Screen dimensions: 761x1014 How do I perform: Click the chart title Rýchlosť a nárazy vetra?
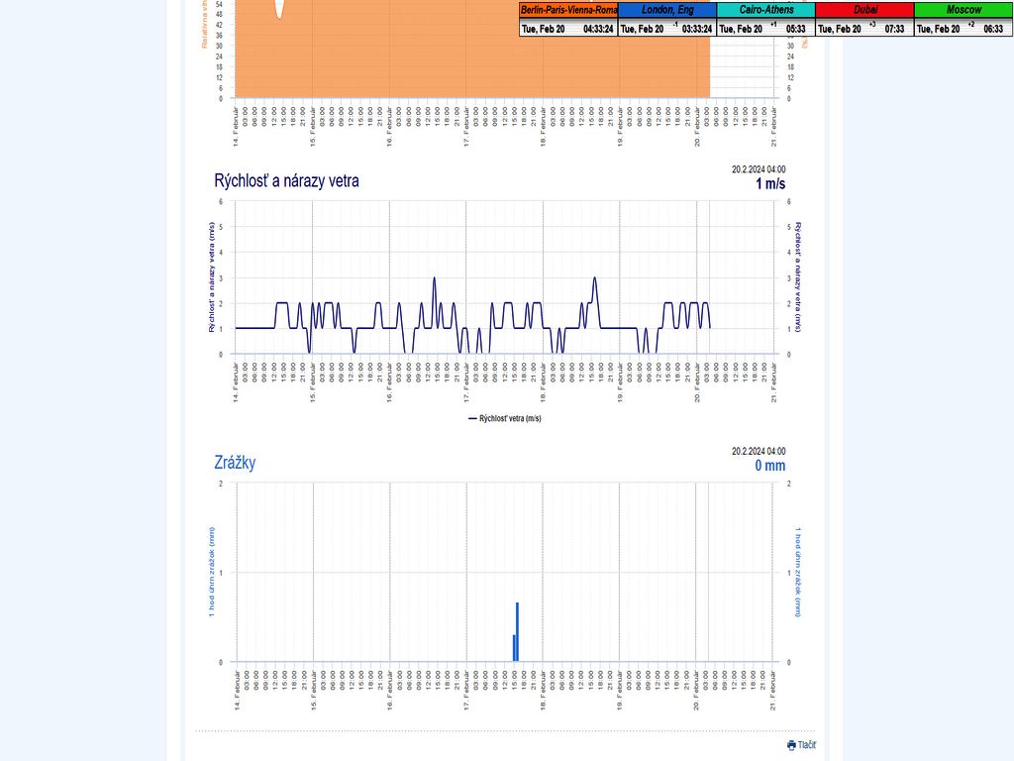286,180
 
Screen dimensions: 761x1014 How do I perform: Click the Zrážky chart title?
235,463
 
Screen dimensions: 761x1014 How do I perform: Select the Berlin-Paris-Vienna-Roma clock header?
568,10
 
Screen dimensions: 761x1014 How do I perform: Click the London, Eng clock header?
666,10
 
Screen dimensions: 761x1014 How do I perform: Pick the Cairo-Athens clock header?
765,10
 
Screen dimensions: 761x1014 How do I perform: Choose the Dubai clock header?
864,10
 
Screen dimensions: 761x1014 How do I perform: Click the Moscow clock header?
963,10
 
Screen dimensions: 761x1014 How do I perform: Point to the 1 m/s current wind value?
770,183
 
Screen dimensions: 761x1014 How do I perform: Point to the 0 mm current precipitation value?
769,466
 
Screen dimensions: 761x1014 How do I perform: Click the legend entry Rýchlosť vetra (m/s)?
504,419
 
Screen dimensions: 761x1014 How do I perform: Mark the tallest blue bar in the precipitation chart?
517,631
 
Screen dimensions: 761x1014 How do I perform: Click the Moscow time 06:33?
992,30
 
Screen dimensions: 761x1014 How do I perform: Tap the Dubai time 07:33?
894,30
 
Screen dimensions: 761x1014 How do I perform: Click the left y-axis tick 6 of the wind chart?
219,201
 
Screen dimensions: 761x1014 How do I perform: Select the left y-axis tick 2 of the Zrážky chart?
219,484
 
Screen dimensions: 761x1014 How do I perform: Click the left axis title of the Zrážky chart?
211,572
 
